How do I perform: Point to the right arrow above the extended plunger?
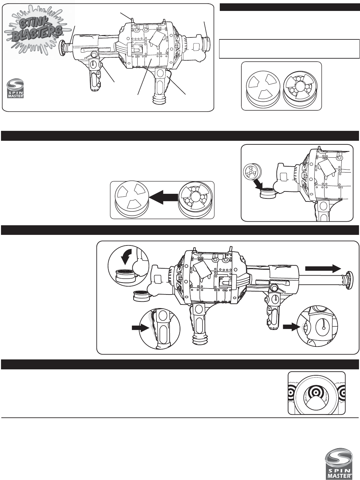[323, 269]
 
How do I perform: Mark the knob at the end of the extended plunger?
[349, 277]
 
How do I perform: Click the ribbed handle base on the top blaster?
[159, 100]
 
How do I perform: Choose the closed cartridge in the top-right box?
[263, 86]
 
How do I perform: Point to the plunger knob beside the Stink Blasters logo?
[63, 47]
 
